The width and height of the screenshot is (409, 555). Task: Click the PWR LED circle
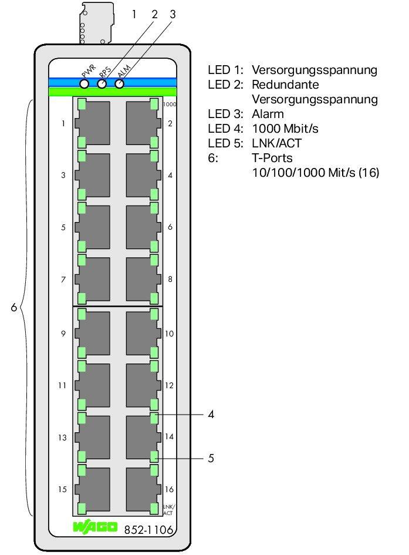pyautogui.click(x=84, y=84)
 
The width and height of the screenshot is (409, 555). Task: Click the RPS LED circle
pyautogui.click(x=102, y=84)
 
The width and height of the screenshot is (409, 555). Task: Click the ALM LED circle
pyautogui.click(x=120, y=84)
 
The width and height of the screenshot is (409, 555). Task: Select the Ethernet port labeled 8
pyautogui.click(x=143, y=280)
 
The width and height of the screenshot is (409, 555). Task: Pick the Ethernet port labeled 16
pyautogui.click(x=143, y=489)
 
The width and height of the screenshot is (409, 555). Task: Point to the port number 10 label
pyautogui.click(x=169, y=334)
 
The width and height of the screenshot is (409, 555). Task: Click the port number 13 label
pyautogui.click(x=62, y=438)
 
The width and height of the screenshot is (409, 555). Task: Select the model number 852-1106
pyautogui.click(x=148, y=529)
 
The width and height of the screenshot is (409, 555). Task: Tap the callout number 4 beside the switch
pyautogui.click(x=211, y=415)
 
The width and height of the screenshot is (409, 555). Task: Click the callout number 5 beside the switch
pyautogui.click(x=211, y=458)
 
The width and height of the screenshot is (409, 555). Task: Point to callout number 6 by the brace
pyautogui.click(x=13, y=307)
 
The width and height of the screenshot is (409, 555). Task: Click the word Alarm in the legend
pyautogui.click(x=268, y=114)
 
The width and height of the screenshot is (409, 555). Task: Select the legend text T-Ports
pyautogui.click(x=272, y=158)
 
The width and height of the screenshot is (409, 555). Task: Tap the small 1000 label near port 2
pyautogui.click(x=170, y=104)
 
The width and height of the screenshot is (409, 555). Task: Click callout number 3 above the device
pyautogui.click(x=172, y=13)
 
